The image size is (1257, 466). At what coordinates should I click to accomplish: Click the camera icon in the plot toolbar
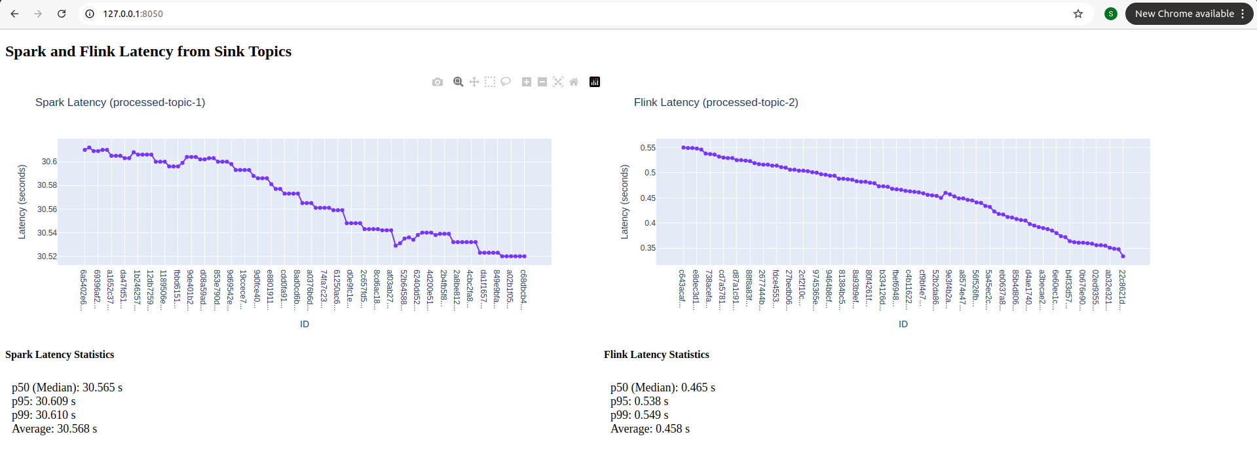[438, 82]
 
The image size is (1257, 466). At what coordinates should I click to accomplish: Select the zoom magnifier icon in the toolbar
[459, 82]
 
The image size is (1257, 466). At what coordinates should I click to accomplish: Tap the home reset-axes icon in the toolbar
[574, 82]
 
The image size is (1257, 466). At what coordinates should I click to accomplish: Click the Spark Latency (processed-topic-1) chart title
[120, 102]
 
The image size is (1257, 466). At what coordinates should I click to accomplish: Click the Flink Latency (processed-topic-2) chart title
[715, 102]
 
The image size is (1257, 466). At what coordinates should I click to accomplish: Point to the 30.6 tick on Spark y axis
[49, 162]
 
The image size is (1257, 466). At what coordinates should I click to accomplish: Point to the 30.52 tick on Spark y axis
[47, 257]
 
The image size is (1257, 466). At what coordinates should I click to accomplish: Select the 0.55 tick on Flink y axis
[648, 148]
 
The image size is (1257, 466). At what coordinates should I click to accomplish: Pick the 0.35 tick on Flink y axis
[648, 248]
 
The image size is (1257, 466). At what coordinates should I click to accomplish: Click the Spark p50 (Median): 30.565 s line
[67, 387]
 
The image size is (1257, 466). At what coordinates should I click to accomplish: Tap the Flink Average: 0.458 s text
[650, 429]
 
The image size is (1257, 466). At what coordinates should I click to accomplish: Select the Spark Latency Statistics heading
[60, 355]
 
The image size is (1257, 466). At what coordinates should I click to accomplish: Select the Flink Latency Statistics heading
[656, 355]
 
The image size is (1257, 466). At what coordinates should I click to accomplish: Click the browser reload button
[62, 14]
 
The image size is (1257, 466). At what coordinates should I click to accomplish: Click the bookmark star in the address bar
[1078, 14]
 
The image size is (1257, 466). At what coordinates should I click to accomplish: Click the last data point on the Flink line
[1123, 256]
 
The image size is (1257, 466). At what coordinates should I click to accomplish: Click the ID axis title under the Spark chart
[305, 324]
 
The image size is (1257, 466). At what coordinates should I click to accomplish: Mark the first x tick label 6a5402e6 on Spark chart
[83, 289]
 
